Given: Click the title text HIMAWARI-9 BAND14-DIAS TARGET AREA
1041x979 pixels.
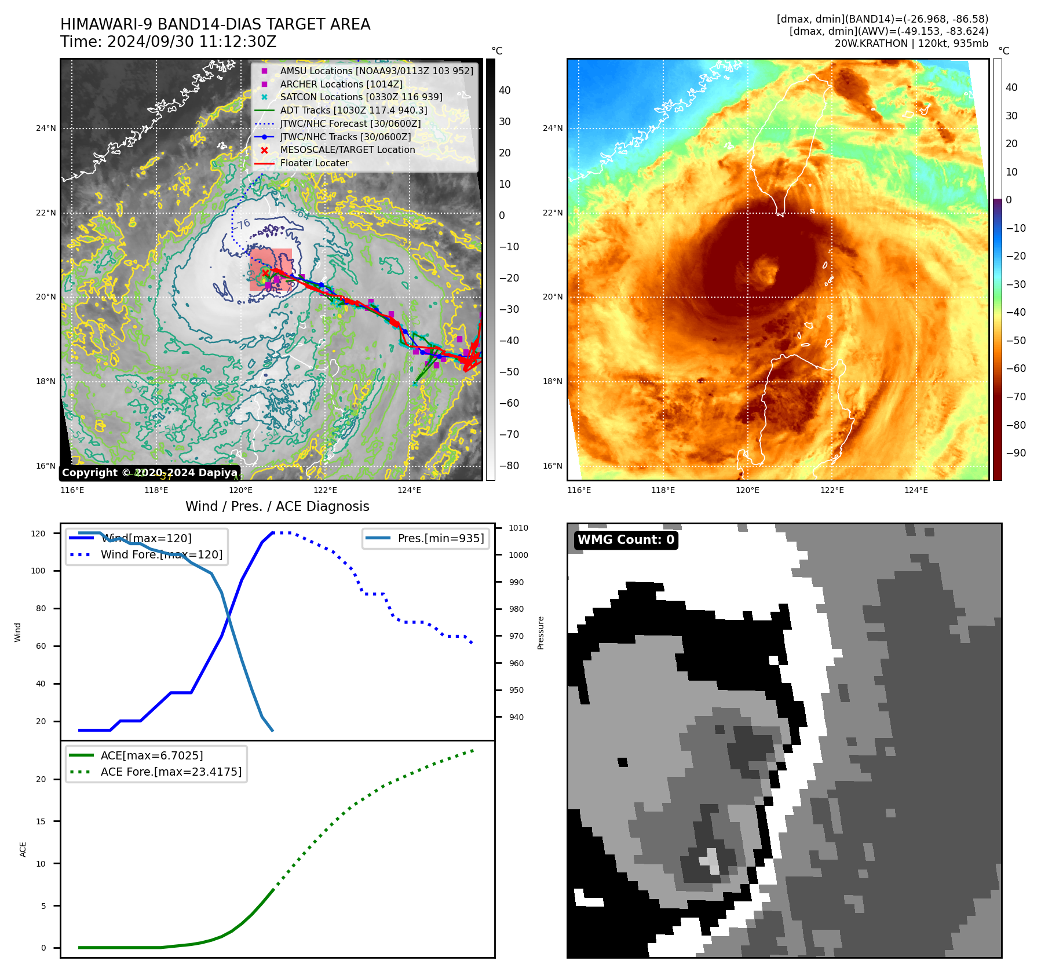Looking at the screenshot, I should click(215, 24).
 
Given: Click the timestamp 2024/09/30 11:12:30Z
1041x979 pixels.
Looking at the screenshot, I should click(192, 42).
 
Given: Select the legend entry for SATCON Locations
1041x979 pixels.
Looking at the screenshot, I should click(361, 97).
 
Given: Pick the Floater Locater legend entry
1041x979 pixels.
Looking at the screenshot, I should click(314, 163).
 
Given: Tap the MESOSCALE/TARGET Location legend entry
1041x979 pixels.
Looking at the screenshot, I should click(347, 150).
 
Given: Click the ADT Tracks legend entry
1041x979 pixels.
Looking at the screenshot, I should click(353, 111).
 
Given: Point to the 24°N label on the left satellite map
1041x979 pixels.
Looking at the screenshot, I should click(46, 129).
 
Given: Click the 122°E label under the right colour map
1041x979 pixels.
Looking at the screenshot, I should click(832, 491).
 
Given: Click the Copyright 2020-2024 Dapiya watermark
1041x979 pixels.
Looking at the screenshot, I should click(149, 473).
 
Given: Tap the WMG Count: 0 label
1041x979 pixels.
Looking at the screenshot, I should click(626, 540).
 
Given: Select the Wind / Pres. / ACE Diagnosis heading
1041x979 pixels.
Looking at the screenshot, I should click(277, 506).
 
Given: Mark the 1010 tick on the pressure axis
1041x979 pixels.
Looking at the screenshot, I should click(518, 528).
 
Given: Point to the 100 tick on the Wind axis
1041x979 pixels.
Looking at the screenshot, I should click(38, 571).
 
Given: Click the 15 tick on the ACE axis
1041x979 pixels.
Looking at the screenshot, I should click(41, 821).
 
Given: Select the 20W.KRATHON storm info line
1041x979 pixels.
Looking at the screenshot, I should click(911, 43).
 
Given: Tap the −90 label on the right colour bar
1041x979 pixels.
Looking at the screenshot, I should click(1016, 453).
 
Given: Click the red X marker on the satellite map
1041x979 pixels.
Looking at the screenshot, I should click(265, 273).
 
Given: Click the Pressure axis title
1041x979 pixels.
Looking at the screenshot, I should click(540, 633).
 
